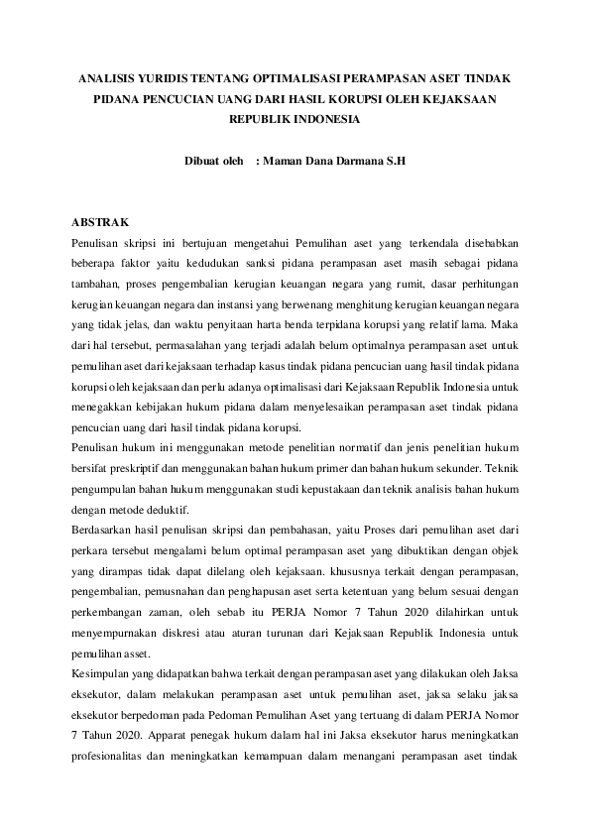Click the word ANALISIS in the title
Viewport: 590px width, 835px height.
(108, 76)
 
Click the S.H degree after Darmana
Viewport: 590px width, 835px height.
(395, 160)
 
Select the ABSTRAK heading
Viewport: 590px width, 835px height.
(100, 221)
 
